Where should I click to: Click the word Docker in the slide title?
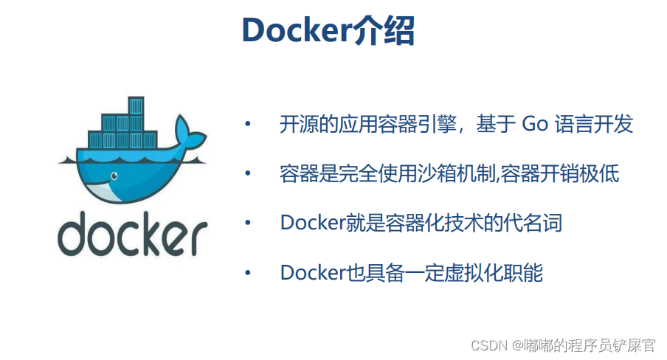point(295,30)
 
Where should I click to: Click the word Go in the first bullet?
point(535,124)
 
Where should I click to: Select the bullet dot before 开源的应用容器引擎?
point(248,124)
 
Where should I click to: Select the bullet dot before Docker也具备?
point(248,272)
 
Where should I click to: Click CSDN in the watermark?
point(486,345)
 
